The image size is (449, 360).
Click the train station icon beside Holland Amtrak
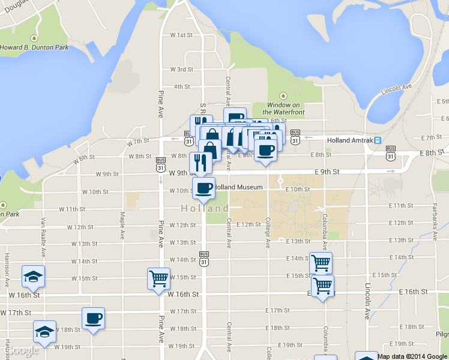378,140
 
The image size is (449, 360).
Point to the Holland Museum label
238,187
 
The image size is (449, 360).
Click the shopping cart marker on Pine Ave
158,278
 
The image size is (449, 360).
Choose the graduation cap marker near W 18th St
44,331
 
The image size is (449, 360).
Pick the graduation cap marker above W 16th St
33,275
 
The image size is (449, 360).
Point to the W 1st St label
181,35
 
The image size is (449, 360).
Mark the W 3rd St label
181,70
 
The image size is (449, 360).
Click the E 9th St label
327,172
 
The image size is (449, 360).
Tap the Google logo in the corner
23,350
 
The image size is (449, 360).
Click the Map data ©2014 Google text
412,356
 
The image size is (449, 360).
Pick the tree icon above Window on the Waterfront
284,96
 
